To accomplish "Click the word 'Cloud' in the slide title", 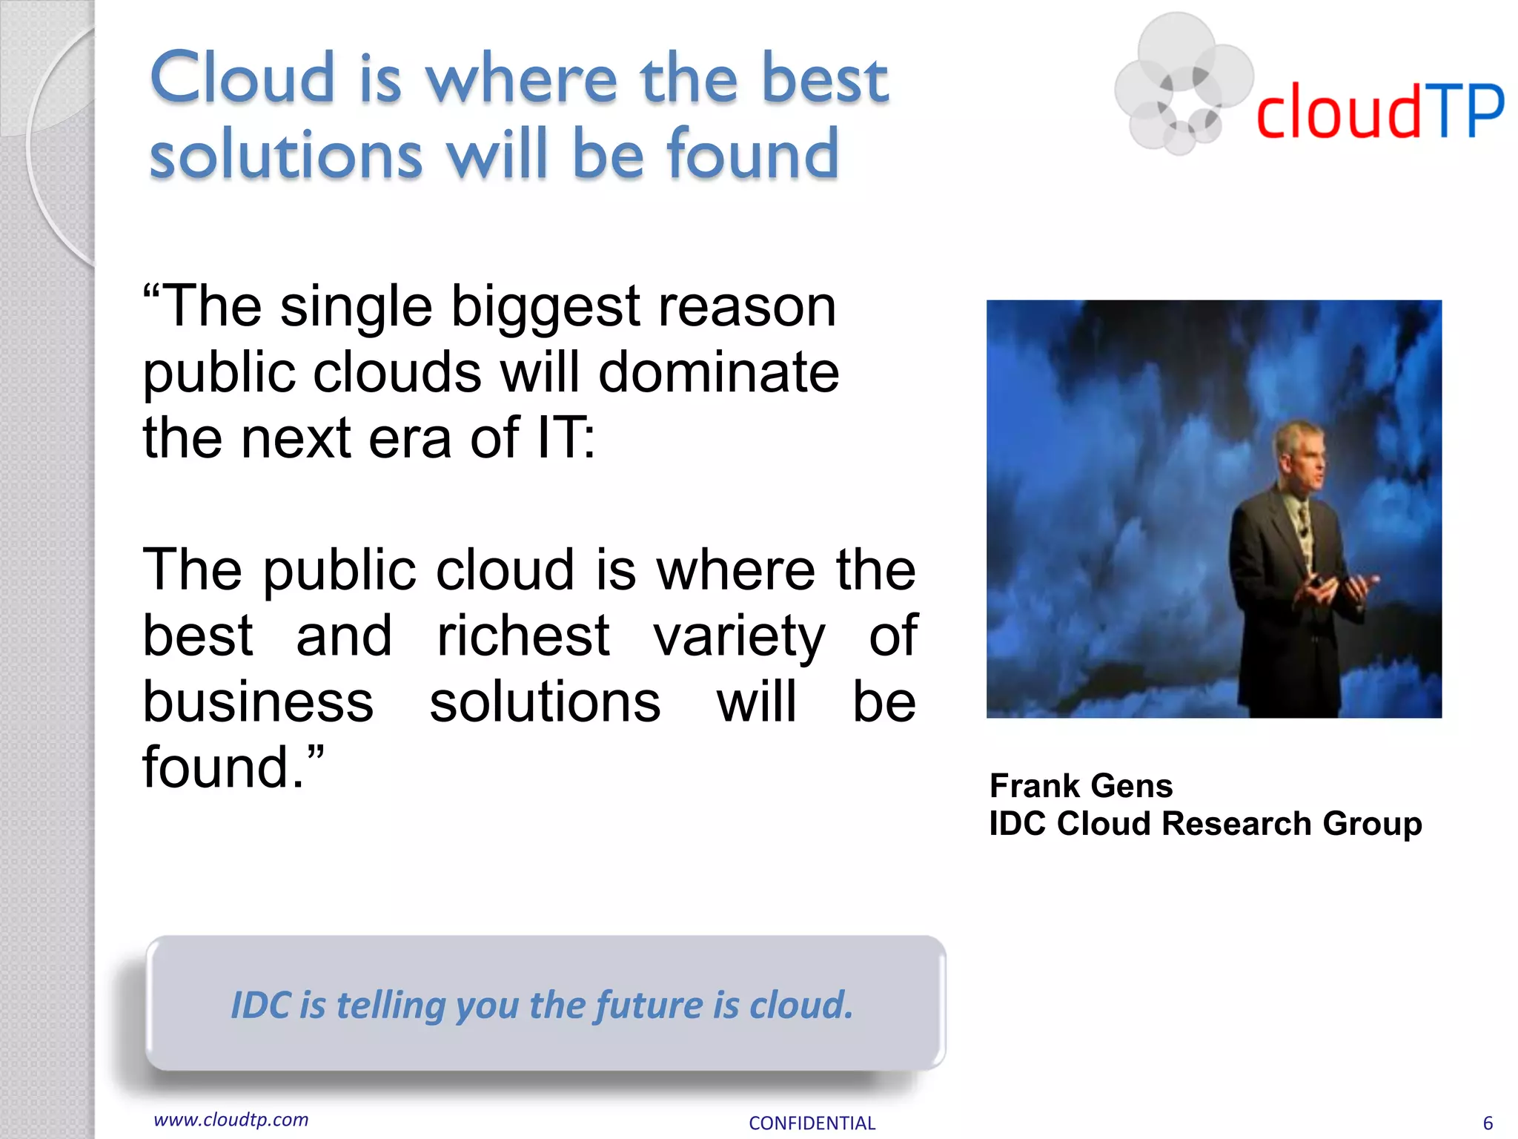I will (x=242, y=78).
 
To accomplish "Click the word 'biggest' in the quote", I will (x=546, y=307).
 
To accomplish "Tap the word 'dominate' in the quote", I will (x=718, y=372).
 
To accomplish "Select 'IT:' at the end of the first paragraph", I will (x=566, y=438).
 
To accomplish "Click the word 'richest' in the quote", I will (x=523, y=636).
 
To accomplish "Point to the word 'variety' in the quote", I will (x=738, y=636).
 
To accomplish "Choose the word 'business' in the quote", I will (x=258, y=702).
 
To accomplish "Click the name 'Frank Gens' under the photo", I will (x=1081, y=785).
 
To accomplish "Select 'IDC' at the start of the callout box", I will (x=261, y=1006).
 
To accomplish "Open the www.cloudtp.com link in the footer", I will (x=231, y=1120).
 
